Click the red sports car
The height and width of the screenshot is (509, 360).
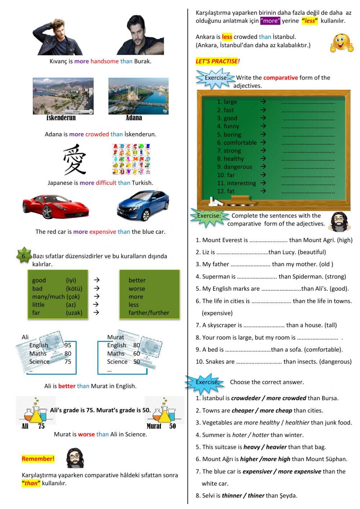(55, 207)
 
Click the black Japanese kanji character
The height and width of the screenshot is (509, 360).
(75, 160)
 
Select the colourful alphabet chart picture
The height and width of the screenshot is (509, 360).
(131, 159)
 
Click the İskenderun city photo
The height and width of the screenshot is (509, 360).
(63, 96)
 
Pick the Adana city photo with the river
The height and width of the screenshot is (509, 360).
(138, 96)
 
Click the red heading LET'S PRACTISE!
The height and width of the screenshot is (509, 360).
(217, 61)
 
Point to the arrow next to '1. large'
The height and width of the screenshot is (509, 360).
(263, 102)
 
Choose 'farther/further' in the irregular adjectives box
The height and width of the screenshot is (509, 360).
(149, 313)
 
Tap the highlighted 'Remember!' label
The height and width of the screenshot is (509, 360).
(38, 459)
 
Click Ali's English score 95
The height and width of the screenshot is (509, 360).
(68, 345)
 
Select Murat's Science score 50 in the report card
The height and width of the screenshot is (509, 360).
(136, 362)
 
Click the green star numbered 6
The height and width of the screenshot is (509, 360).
(23, 255)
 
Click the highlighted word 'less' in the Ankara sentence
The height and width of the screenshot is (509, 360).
(227, 37)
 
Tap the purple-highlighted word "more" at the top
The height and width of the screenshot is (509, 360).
(270, 21)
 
